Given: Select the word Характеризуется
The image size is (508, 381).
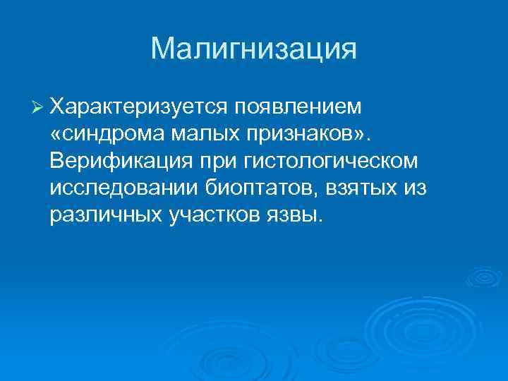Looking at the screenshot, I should (x=140, y=107).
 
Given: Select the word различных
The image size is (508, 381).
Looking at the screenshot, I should (x=105, y=214).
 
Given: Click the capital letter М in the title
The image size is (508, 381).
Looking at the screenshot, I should (x=164, y=49).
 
